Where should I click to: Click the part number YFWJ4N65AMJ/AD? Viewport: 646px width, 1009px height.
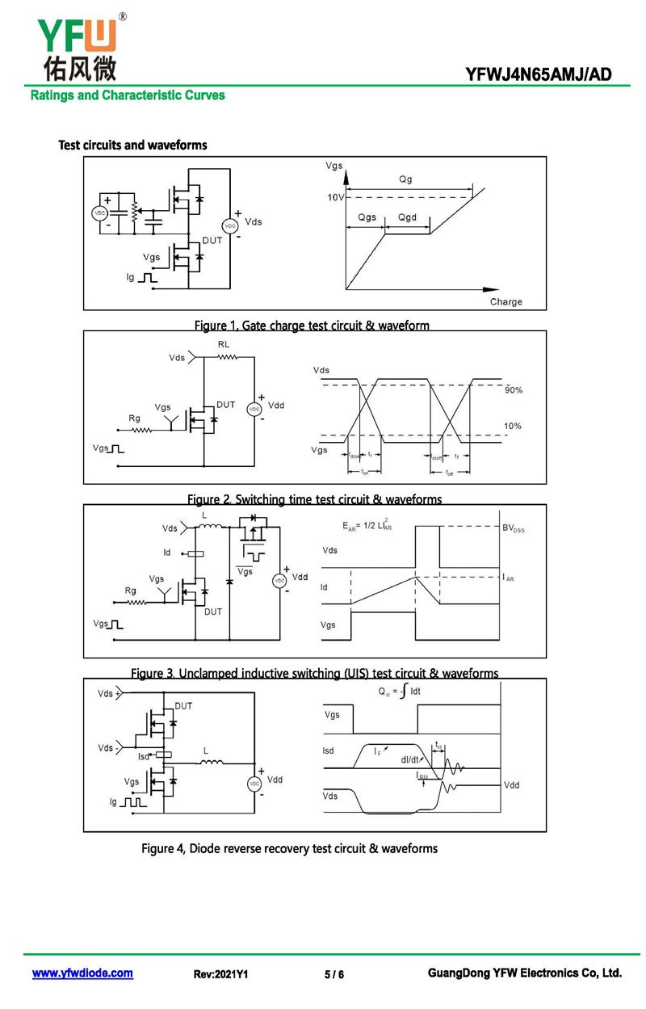click(x=539, y=75)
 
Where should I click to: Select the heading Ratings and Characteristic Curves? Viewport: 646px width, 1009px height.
click(x=128, y=95)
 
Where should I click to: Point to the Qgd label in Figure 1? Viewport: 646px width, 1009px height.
click(x=407, y=218)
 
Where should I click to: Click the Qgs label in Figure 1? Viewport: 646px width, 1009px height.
click(x=367, y=218)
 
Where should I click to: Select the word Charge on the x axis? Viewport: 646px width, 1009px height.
click(x=506, y=302)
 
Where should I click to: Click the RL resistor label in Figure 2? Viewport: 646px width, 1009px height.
click(x=224, y=344)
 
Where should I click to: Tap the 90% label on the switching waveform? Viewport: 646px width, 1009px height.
click(x=514, y=390)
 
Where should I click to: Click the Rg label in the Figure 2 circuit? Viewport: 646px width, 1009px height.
click(x=134, y=418)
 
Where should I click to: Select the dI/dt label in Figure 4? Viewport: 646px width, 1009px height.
click(x=411, y=759)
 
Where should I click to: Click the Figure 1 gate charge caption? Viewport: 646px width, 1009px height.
click(x=312, y=326)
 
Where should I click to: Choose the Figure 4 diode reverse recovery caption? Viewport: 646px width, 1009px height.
click(x=289, y=848)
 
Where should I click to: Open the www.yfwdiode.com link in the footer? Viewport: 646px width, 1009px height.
click(x=82, y=973)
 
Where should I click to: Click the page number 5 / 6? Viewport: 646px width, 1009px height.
click(x=334, y=975)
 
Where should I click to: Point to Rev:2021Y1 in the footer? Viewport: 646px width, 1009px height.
click(x=220, y=975)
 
